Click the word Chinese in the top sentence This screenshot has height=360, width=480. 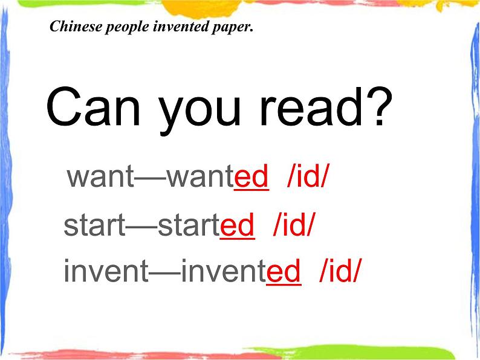click(x=76, y=27)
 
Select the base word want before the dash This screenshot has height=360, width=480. click(x=100, y=176)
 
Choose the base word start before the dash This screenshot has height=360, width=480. click(x=94, y=225)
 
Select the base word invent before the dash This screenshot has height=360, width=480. click(x=106, y=271)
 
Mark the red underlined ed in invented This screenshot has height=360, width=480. click(x=284, y=271)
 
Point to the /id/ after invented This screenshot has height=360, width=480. click(x=340, y=271)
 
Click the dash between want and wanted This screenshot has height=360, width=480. click(x=151, y=178)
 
